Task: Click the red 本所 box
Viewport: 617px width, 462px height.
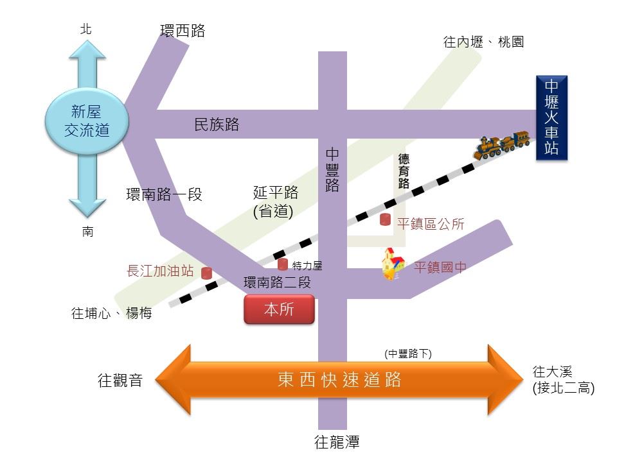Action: (279, 309)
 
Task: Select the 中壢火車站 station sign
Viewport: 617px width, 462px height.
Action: (551, 118)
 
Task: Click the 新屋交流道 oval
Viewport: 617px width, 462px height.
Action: (87, 121)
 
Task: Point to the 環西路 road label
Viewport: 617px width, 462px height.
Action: (183, 31)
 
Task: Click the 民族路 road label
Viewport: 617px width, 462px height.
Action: (217, 124)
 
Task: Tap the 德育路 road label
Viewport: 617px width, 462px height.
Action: (404, 171)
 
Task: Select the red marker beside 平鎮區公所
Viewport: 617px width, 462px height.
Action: (385, 219)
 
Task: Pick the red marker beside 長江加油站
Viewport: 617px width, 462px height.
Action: (207, 273)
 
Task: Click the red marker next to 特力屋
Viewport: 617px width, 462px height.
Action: (283, 264)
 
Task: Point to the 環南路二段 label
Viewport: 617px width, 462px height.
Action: (277, 282)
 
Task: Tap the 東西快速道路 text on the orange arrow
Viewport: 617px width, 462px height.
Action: (339, 379)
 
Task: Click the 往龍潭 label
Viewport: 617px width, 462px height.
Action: (337, 442)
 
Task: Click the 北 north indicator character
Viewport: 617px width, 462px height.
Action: (86, 29)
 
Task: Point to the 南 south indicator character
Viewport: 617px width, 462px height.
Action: (87, 232)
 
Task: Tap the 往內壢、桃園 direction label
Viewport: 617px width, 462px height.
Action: (483, 42)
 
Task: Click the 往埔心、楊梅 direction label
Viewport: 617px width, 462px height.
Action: (111, 314)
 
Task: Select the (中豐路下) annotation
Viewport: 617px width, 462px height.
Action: (408, 354)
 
